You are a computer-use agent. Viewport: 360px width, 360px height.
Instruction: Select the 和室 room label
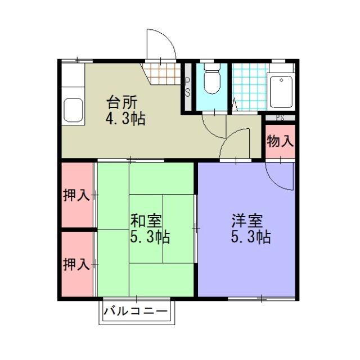point(146,220)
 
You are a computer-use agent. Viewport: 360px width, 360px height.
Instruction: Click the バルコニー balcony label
point(137,311)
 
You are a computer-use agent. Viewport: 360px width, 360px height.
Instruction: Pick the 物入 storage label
point(280,141)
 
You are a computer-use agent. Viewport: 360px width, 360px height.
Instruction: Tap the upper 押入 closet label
point(76,196)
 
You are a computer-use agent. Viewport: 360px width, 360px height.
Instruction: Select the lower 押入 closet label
point(76,263)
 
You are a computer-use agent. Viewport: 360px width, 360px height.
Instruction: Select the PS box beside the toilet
point(188,87)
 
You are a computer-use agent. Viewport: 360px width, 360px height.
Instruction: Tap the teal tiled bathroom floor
point(247,87)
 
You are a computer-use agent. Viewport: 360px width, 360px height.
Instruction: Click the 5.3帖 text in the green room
point(150,237)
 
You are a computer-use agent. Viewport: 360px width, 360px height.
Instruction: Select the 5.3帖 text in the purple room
point(251,237)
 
